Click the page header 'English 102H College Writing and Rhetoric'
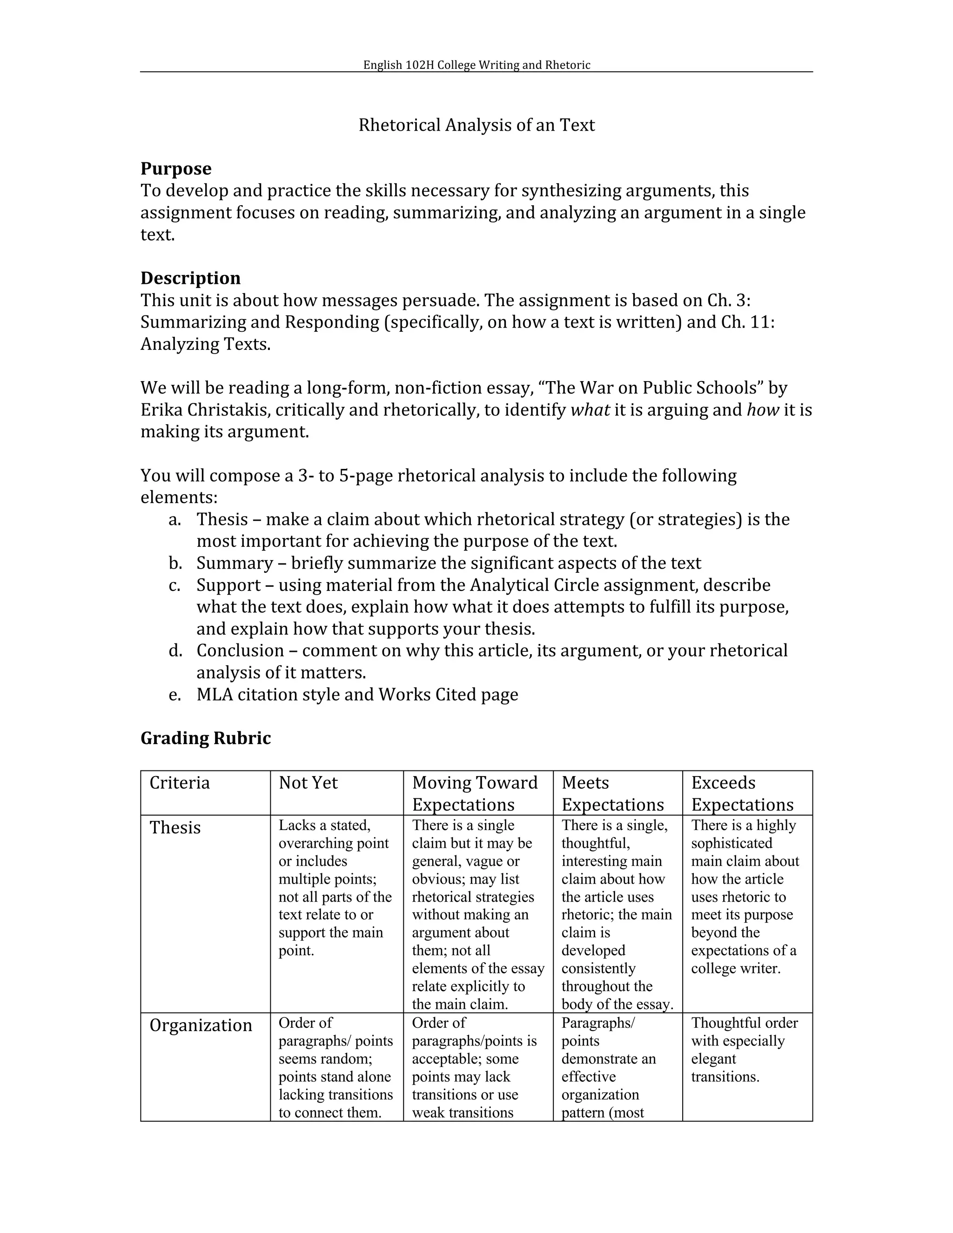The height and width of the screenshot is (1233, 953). point(476,65)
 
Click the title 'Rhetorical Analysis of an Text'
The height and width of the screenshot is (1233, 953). point(476,125)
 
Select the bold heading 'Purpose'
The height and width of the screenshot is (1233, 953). point(175,169)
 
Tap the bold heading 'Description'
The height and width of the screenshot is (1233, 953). point(190,278)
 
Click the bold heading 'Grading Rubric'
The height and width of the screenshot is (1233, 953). point(206,738)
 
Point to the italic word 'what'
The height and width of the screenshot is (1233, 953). point(590,410)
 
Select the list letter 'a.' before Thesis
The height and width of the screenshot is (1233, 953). point(174,519)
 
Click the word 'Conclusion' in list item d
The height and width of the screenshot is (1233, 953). point(240,651)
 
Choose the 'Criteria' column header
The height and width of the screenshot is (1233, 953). point(180,783)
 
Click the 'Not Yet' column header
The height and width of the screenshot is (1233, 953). point(308,783)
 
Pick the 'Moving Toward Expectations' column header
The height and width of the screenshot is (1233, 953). point(475,793)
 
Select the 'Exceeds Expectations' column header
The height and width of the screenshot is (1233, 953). point(742,793)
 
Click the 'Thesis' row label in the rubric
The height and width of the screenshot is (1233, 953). point(175,828)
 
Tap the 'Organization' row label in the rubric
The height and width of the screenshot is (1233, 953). point(201,1025)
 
